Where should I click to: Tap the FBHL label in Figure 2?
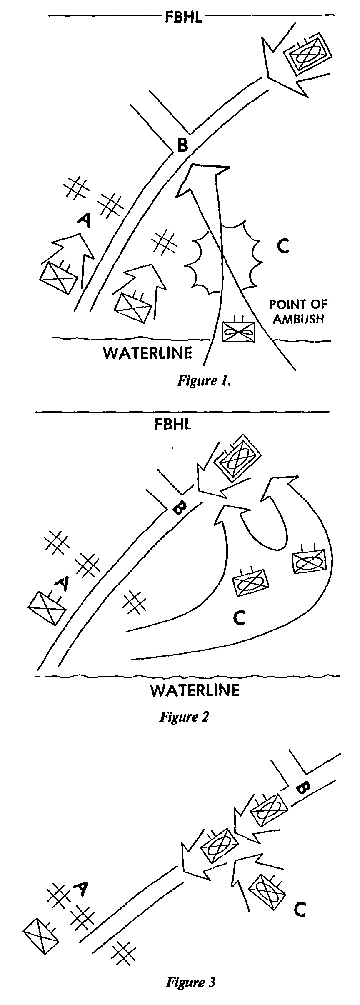click(x=173, y=425)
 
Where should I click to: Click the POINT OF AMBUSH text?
click(x=297, y=311)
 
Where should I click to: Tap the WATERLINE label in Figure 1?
click(x=148, y=353)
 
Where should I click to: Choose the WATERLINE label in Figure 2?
click(x=195, y=690)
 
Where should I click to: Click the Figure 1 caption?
click(x=204, y=381)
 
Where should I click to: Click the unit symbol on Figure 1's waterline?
click(x=239, y=331)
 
